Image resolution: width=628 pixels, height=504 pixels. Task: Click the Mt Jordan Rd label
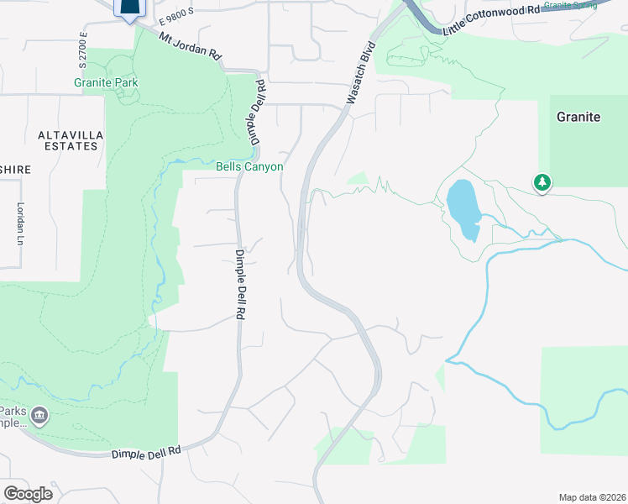pyautogui.click(x=191, y=48)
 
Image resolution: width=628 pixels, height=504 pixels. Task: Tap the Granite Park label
pyautogui.click(x=106, y=83)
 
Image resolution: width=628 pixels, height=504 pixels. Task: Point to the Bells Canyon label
pyautogui.click(x=249, y=167)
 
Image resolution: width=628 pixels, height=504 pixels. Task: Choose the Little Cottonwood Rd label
pyautogui.click(x=490, y=19)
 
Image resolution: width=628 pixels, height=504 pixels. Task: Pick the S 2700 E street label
pyautogui.click(x=83, y=50)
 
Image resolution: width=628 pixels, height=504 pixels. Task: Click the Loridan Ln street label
pyautogui.click(x=18, y=224)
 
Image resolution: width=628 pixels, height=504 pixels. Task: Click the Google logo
pyautogui.click(x=29, y=494)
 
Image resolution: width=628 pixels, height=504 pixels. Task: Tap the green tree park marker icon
pyautogui.click(x=542, y=182)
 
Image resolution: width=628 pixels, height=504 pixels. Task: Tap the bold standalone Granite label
pyautogui.click(x=578, y=117)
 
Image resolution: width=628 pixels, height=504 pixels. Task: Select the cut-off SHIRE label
pyautogui.click(x=15, y=170)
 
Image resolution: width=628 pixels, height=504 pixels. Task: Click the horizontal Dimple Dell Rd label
pyautogui.click(x=146, y=452)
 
